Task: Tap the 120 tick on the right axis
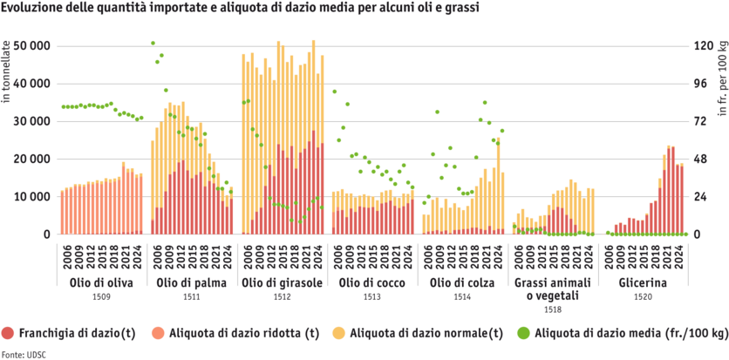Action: (703, 45)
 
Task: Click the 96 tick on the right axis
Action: (703, 83)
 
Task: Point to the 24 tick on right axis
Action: (703, 196)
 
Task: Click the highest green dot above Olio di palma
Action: (153, 43)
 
